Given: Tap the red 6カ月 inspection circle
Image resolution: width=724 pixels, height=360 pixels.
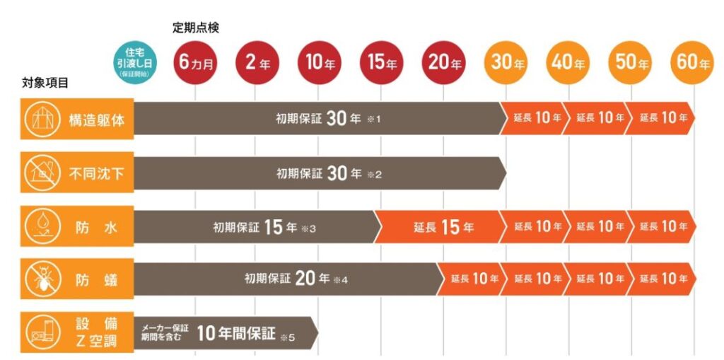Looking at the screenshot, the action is tap(195, 63).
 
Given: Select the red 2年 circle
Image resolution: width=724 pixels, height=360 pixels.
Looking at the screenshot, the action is tap(257, 63).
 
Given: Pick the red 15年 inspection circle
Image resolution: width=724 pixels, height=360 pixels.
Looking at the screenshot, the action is tap(381, 63).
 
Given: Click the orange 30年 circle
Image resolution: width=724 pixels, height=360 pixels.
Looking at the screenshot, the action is tap(506, 63).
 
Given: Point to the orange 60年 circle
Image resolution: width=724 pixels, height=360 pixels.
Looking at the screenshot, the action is tap(692, 63).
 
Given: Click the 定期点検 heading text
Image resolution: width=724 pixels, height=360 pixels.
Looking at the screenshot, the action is tap(196, 28).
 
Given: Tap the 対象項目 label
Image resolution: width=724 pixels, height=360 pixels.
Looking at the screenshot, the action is tap(45, 83).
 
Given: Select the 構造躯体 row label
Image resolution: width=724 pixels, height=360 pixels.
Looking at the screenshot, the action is tap(96, 120).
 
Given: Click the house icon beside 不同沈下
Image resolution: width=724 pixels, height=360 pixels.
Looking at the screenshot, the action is tap(42, 173).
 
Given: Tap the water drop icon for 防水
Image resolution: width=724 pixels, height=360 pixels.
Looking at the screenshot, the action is tap(42, 226).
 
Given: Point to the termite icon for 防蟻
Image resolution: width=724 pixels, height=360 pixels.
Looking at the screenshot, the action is tap(42, 279).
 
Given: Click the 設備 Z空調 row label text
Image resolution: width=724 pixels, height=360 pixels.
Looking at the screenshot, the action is tap(96, 332).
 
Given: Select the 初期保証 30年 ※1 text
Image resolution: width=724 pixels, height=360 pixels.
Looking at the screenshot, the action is tap(328, 119).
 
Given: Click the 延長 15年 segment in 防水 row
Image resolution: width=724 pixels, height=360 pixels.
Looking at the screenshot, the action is tap(444, 227).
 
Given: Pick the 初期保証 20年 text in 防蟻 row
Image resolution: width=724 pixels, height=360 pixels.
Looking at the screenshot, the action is tap(287, 279).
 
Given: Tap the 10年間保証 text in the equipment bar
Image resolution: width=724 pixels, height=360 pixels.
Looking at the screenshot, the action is tap(236, 333).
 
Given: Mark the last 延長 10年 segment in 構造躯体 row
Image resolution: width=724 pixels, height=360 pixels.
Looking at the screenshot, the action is tap(660, 118).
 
